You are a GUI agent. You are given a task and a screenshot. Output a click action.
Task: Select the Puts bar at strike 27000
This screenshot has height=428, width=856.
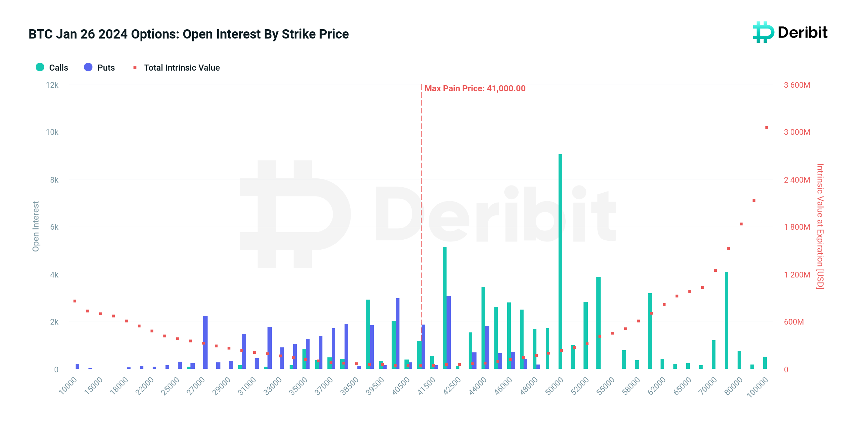click(x=205, y=342)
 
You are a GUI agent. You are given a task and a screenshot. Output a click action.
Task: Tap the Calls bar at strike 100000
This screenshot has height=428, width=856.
click(x=765, y=363)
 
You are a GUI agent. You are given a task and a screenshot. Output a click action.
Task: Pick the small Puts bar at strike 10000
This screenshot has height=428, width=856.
click(x=77, y=366)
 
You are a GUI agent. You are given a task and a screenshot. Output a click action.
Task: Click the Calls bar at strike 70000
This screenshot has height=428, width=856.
click(x=714, y=355)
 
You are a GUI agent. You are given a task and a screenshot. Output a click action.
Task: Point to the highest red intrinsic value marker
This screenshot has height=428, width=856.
click(x=767, y=128)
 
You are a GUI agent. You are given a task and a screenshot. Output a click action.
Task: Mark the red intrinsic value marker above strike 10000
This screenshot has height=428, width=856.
click(x=75, y=301)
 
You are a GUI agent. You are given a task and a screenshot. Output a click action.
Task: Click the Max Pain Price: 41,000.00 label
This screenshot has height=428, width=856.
click(x=475, y=88)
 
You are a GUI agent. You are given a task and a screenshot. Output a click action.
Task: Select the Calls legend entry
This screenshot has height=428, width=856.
click(x=52, y=67)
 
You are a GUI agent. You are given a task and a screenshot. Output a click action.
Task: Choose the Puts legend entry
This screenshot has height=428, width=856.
click(x=100, y=67)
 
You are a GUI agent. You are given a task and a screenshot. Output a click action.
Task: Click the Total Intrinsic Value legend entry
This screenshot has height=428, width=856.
click(x=177, y=67)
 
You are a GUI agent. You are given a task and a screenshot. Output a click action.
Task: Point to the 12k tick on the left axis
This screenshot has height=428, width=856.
click(x=52, y=85)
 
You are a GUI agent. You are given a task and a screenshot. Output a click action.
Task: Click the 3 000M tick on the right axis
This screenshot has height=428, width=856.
click(x=797, y=132)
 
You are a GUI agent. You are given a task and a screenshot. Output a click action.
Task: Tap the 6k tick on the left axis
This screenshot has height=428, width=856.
click(x=54, y=227)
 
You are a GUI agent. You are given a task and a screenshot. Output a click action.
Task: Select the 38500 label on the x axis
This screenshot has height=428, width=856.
click(x=350, y=386)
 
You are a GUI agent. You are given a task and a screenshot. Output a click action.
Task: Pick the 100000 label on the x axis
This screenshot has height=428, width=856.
click(x=758, y=387)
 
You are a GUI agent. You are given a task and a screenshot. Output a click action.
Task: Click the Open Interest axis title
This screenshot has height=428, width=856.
click(x=36, y=226)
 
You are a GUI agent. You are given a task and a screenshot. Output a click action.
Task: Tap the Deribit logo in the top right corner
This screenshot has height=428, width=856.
click(x=790, y=32)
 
